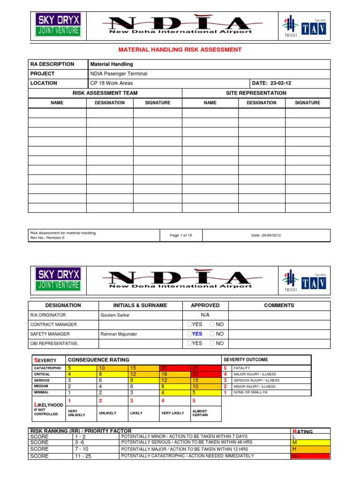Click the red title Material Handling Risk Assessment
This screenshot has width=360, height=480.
tap(180, 49)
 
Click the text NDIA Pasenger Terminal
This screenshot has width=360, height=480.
tap(118, 74)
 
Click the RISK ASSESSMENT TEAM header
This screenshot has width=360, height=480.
tap(105, 93)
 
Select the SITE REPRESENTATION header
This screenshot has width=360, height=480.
tap(256, 93)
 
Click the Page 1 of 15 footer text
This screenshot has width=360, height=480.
tap(181, 235)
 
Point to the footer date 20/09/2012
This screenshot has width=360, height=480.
tap(266, 235)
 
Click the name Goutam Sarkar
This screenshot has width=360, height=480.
tap(115, 315)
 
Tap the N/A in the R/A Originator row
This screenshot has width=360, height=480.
tap(205, 315)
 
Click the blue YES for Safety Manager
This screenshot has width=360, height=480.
tap(197, 334)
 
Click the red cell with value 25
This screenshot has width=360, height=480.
tap(195, 368)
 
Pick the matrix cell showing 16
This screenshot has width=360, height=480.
tap(165, 375)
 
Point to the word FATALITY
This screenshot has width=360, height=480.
tap(243, 368)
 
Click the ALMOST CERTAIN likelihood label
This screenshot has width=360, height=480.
tap(200, 413)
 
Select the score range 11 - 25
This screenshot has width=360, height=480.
tap(83, 456)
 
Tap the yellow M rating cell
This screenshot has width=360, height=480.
tap(310, 442)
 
